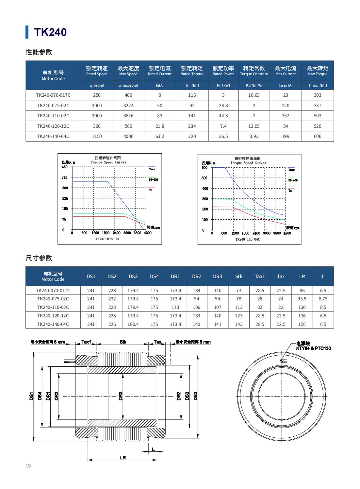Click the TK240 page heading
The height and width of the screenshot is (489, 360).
click(50, 32)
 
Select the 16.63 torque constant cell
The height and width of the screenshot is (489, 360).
click(254, 95)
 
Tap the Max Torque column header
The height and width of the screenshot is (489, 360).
click(317, 71)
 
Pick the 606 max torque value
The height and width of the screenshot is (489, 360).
click(318, 136)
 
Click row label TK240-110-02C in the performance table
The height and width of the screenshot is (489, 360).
click(53, 116)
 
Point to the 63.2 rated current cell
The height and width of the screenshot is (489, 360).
click(160, 136)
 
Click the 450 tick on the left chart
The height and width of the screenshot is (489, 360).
click(65, 167)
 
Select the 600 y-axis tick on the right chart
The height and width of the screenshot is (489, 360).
click(205, 168)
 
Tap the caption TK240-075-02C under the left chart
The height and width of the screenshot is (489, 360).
click(108, 239)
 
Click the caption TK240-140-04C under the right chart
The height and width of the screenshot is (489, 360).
click(248, 239)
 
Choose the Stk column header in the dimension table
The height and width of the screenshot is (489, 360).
click(239, 276)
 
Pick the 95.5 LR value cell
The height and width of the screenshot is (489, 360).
click(302, 299)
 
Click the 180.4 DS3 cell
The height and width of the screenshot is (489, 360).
click(133, 324)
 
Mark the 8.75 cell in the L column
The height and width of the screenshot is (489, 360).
click(323, 299)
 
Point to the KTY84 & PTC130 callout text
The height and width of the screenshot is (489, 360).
click(313, 348)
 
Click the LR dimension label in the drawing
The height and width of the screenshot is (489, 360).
click(123, 458)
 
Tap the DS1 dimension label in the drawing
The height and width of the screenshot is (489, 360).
click(31, 396)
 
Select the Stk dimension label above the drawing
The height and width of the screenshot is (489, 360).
click(123, 342)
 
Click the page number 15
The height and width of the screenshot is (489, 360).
click(28, 465)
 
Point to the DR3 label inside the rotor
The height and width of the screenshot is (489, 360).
click(121, 396)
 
